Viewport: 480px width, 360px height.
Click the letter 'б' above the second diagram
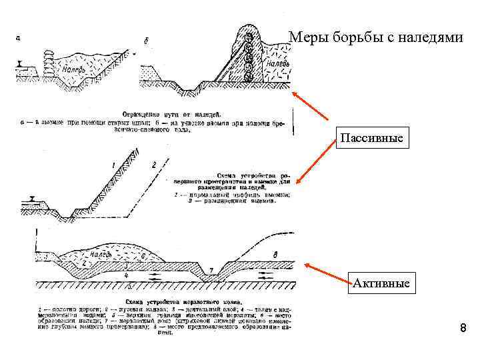pos(146,41)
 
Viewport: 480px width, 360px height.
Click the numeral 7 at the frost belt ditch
pos(211,269)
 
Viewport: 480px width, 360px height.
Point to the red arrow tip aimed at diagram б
pos(294,91)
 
